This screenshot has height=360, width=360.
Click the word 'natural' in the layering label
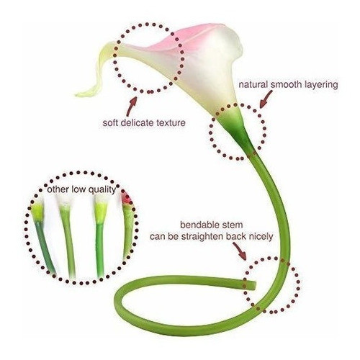pos(253,85)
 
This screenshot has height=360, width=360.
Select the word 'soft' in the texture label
pos(110,122)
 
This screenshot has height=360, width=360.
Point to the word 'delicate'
pos(137,122)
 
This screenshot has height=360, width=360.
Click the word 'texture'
pos(171,123)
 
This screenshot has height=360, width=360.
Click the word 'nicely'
pos(261,237)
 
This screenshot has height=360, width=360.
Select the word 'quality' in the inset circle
pos(102,190)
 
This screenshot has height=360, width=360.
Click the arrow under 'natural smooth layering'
pos(266,99)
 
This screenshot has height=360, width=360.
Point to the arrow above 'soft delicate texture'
pos(132,107)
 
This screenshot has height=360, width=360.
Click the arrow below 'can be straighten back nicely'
pos(240,251)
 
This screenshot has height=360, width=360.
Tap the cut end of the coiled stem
pos(253,285)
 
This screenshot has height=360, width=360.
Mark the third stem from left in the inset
pos(100,238)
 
